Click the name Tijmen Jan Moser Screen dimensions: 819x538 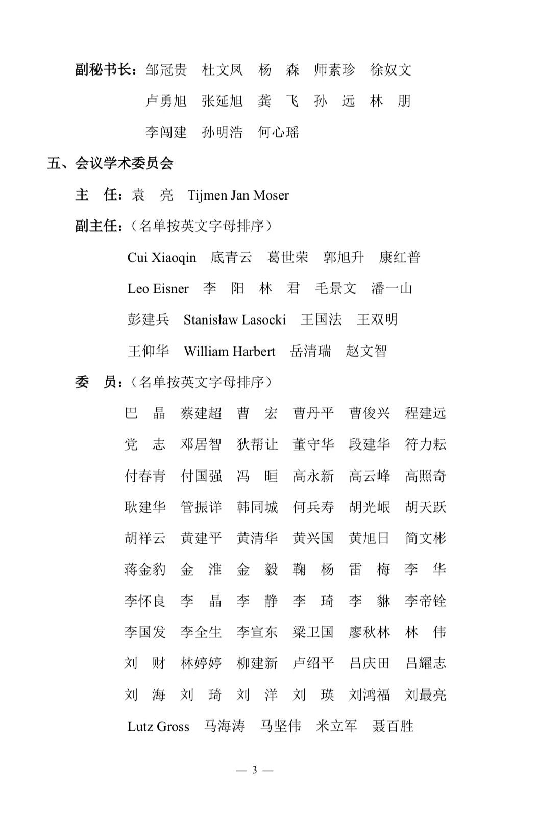(238, 195)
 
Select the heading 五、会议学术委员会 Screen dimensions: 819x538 (110, 163)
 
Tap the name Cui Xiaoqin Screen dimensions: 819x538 (161, 257)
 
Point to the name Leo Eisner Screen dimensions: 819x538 (158, 289)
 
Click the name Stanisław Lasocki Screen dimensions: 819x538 (234, 320)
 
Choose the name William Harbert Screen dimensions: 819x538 (229, 351)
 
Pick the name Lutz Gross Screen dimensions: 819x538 (158, 726)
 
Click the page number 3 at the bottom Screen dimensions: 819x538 (255, 770)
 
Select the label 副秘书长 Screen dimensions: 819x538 (104, 70)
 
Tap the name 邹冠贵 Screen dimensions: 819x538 (166, 70)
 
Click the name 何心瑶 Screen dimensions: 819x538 (278, 132)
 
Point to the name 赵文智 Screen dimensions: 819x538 (366, 351)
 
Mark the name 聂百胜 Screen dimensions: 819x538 (393, 726)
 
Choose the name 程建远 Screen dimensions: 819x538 (425, 413)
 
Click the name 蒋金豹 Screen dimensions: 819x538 (145, 569)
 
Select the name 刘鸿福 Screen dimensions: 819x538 (369, 695)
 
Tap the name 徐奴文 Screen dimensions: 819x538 (390, 70)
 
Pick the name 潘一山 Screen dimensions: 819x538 (391, 289)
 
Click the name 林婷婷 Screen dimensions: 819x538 (201, 663)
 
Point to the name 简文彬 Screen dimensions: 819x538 (425, 538)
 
